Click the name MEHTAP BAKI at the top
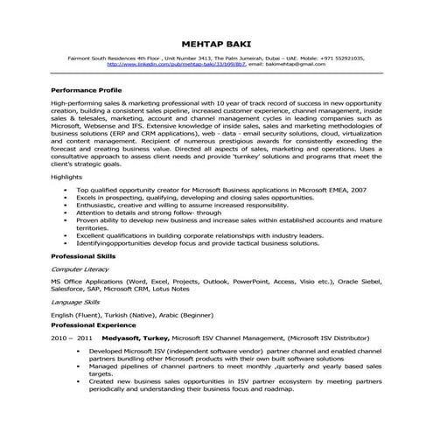[x=215, y=41]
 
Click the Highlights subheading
[x=66, y=201]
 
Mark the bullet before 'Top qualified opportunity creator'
[x=66, y=213]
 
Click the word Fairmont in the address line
[x=79, y=58]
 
